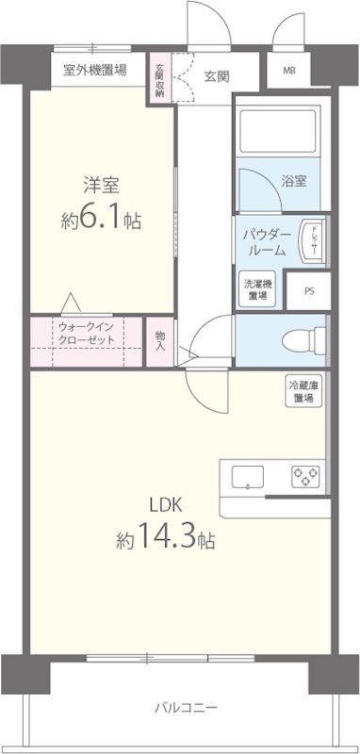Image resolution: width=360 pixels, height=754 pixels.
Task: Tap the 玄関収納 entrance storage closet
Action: pos(159,80)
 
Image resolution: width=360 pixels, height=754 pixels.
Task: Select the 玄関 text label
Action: pos(217,77)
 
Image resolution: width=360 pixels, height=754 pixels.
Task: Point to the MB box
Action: pos(288,71)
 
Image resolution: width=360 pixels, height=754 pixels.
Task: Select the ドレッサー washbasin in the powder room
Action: pos(312,240)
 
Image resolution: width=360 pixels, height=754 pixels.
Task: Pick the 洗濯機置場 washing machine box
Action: pos(255,289)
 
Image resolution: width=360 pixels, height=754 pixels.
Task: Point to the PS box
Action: pos(309,291)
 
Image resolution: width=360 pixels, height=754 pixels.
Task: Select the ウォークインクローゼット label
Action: pos(87,334)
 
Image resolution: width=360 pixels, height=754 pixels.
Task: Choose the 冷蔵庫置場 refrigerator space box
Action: pos(303,391)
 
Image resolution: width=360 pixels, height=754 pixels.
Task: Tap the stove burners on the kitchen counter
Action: pos(306,475)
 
